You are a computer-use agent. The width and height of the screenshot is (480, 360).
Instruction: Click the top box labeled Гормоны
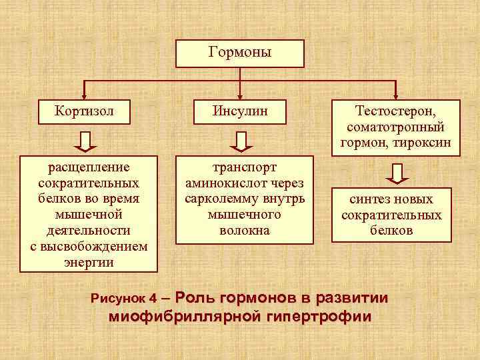click(x=239, y=53)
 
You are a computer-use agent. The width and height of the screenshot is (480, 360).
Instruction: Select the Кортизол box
click(x=85, y=111)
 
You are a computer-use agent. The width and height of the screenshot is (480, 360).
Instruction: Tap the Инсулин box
click(x=241, y=111)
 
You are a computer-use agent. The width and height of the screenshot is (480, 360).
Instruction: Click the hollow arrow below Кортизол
click(x=84, y=141)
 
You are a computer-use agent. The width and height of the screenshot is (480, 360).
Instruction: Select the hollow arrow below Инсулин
click(x=241, y=141)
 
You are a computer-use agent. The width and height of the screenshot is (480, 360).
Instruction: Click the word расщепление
click(x=89, y=166)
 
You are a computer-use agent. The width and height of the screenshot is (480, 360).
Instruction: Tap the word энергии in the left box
click(x=89, y=262)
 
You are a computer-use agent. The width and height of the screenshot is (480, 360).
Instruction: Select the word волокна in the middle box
click(x=245, y=231)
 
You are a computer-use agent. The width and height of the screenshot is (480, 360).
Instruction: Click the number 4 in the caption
click(x=153, y=297)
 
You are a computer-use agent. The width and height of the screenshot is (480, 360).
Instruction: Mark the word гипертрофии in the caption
click(x=317, y=316)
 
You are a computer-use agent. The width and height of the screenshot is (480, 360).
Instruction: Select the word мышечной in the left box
click(x=88, y=214)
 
